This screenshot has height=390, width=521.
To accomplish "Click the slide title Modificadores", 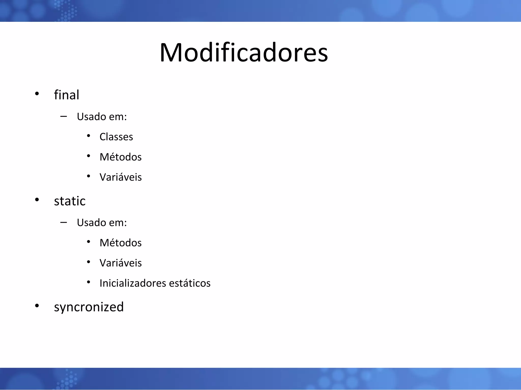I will coord(244,53).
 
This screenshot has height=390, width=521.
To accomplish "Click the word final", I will coord(67,95).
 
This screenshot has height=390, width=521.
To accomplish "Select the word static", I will coord(70,201).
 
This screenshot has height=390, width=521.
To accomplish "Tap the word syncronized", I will coord(89,307).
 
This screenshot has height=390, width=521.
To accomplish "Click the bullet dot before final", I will coord(37,94).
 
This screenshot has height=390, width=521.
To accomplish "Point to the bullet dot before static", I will coord(37,200).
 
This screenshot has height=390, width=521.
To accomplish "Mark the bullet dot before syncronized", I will coord(37,306).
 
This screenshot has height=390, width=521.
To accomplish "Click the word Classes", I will coord(116,137).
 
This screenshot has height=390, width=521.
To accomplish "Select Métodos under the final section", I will coord(121,157).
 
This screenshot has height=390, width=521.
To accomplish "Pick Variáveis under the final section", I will coord(121,177).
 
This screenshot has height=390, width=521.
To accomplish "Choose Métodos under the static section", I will coord(121,243).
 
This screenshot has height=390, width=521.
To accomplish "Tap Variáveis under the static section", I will coord(121,263).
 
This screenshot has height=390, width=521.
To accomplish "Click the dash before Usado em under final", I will coord(64,117).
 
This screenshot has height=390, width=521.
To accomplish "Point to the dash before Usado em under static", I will coord(64,223).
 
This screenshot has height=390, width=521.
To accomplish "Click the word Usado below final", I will coord(91,117).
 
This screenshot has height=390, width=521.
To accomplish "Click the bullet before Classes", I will coord(89,136).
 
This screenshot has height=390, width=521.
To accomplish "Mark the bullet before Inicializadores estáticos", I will coord(89,282).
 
